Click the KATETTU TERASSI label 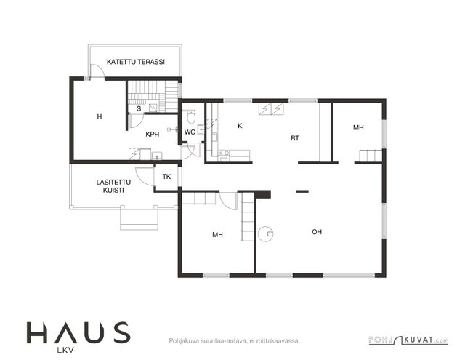[136, 62]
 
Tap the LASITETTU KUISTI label [113, 186]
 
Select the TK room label [166, 177]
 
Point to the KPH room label [153, 134]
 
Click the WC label [190, 132]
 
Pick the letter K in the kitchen [240, 126]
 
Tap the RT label [295, 138]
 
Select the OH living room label [317, 232]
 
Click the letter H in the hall [100, 116]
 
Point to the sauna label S [139, 108]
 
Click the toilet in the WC [191, 116]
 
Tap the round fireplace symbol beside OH [265, 234]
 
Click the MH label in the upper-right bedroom [358, 127]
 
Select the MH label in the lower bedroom [217, 235]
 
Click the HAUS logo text [78, 332]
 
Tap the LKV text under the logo [65, 351]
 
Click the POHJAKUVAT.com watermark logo [408, 340]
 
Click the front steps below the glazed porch [139, 220]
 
